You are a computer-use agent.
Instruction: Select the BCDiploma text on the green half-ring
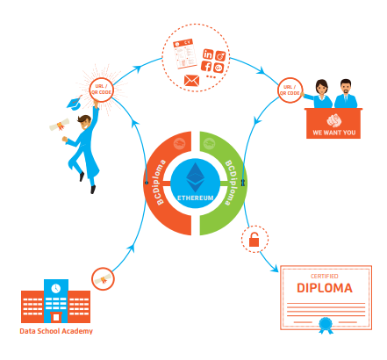tap(231, 182)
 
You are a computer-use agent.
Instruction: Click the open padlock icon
tap(254, 239)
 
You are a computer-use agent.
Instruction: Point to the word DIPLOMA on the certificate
tap(324, 287)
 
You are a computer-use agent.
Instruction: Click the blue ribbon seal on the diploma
tap(326, 324)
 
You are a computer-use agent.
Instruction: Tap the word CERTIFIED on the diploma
tap(324, 274)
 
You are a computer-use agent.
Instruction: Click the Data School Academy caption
tap(56, 331)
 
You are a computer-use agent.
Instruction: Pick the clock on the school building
tap(56, 287)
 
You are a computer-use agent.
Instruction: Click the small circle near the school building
tap(104, 279)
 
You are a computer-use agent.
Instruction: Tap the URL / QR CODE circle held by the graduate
tap(100, 88)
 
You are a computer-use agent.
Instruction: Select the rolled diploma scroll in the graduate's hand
tap(59, 126)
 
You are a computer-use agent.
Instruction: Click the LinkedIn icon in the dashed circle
tap(208, 54)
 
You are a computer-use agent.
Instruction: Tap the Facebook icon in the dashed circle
tap(206, 67)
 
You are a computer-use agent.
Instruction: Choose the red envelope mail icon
tap(192, 81)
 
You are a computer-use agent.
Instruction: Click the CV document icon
tap(183, 54)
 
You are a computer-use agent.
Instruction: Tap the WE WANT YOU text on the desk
tap(333, 133)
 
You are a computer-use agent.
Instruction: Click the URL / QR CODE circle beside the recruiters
tap(290, 89)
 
